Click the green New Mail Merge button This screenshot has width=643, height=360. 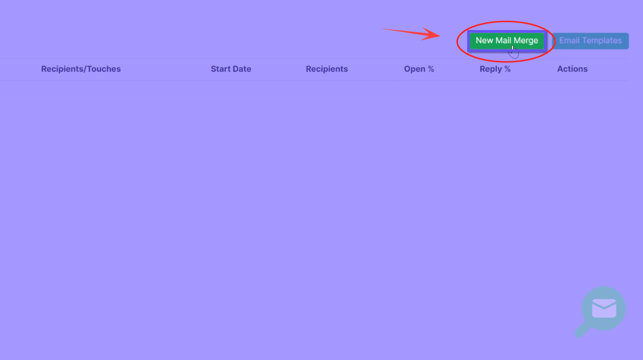click(x=506, y=41)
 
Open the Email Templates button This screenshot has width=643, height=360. click(x=590, y=41)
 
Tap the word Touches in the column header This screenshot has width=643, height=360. click(x=103, y=69)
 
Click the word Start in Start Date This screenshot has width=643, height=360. click(x=221, y=69)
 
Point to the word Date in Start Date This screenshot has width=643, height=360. click(x=242, y=69)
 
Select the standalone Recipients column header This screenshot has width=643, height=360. click(x=327, y=69)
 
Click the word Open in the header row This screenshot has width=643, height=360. click(x=414, y=69)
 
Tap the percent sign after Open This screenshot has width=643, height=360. click(x=431, y=69)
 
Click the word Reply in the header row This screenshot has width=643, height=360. click(x=490, y=69)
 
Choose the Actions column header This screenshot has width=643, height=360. click(x=572, y=69)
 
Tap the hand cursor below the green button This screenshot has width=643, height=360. click(x=513, y=52)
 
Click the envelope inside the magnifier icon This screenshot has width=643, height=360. click(x=604, y=308)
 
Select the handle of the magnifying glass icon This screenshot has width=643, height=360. click(x=582, y=330)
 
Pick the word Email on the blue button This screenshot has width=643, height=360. click(x=570, y=41)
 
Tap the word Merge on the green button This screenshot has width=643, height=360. click(x=526, y=41)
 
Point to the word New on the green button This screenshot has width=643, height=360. click(x=484, y=41)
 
